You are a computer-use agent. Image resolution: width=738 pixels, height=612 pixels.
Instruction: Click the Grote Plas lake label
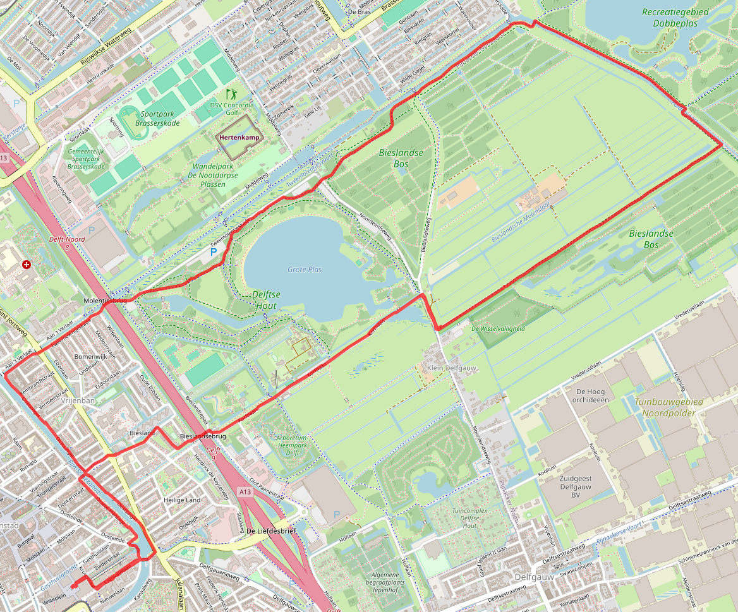click(305, 270)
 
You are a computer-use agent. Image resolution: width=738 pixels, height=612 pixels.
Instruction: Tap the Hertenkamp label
click(239, 137)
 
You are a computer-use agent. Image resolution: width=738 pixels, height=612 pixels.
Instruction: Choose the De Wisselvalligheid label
click(498, 328)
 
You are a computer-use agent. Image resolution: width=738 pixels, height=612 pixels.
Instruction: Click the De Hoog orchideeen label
click(591, 395)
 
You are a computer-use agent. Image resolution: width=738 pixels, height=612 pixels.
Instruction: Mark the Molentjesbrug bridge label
click(106, 301)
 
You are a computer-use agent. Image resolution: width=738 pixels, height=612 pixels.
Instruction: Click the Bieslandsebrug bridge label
click(203, 436)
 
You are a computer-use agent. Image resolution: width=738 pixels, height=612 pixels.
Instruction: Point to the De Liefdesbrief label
click(271, 531)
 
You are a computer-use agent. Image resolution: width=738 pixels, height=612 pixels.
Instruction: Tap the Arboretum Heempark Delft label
click(291, 445)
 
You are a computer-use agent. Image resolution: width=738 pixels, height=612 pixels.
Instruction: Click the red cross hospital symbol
click(26, 265)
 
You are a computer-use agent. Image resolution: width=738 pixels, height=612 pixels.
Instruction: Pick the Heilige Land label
click(181, 500)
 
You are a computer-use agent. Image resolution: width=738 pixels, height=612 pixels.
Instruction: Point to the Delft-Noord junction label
click(66, 243)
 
